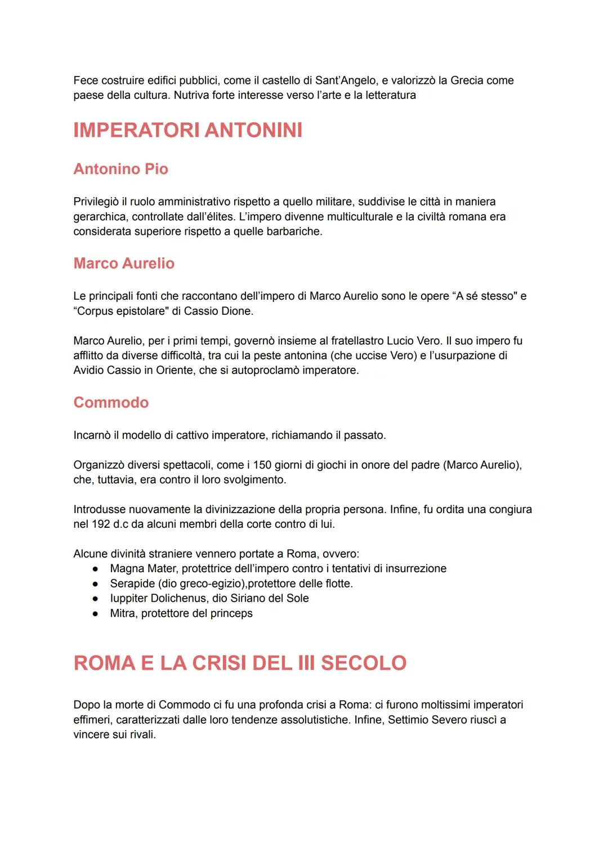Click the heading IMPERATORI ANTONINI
tap(187, 130)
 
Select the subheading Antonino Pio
tap(120, 169)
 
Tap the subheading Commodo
tap(111, 402)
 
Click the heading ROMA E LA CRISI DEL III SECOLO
tap(240, 663)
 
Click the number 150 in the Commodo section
tap(262, 465)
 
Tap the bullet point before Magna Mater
tap(96, 569)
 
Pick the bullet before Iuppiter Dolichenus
tap(96, 599)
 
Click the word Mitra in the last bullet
tap(122, 613)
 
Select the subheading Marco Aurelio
tap(124, 263)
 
